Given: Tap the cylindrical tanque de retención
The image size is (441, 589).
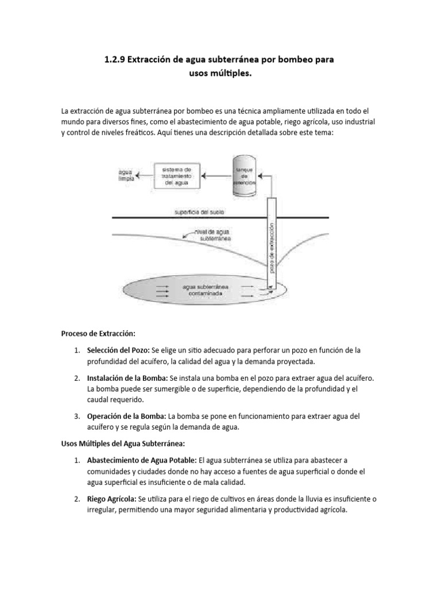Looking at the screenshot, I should click(245, 171).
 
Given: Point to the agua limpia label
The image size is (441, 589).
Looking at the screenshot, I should click(125, 175).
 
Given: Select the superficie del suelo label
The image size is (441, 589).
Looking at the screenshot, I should click(199, 212).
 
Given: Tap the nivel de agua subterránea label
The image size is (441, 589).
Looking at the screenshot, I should click(214, 235).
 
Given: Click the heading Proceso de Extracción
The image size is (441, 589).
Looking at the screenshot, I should click(98, 333).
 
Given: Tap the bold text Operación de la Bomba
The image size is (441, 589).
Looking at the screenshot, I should click(126, 416).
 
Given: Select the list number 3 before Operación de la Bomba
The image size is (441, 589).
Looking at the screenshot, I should click(76, 416).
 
